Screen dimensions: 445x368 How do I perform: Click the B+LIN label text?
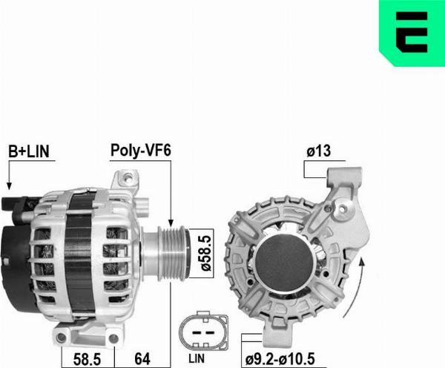tap(29, 151)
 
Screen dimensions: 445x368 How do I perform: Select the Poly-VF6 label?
tap(141, 150)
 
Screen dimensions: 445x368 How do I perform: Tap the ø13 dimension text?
tap(319, 151)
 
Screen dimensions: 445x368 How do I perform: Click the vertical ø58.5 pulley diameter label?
tap(206, 253)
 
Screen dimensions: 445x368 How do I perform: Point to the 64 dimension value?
tap(142, 359)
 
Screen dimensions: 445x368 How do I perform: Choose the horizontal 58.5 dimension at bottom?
tap(87, 359)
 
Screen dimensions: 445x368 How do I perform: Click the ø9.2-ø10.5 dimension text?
tap(280, 359)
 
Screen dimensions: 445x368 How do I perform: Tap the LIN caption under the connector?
tap(197, 358)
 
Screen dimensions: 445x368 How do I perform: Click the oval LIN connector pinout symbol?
tap(203, 331)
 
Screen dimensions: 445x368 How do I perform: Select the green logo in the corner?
tap(412, 33)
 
